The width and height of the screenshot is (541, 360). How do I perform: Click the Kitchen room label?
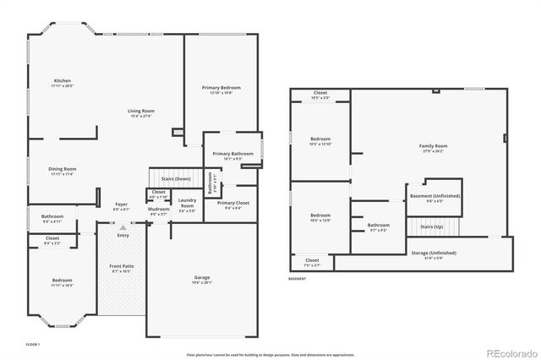click(63, 81)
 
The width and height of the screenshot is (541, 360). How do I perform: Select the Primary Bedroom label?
click(216, 88)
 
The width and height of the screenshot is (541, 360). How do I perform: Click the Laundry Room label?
click(187, 203)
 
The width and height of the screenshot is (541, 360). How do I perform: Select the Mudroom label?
click(158, 209)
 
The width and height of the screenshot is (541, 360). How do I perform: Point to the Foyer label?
click(122, 205)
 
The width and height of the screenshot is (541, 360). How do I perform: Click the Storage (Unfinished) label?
click(434, 253)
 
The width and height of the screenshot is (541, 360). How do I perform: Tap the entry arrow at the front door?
click(123, 227)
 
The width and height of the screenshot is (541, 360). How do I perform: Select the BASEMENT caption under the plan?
click(298, 278)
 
